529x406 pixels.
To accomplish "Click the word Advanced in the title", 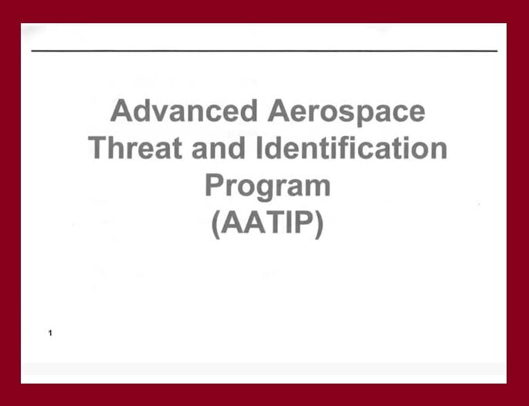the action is (185, 111).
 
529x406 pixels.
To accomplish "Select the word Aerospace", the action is (346, 113).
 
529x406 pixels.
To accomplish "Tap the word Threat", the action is (135, 147).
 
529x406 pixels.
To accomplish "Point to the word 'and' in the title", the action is (219, 147).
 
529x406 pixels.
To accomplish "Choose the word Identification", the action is (351, 147).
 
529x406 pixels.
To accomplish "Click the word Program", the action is (267, 186).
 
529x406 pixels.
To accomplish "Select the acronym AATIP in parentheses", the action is (267, 222).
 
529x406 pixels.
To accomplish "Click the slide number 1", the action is (50, 333).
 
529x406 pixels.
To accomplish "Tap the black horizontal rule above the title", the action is (264, 51).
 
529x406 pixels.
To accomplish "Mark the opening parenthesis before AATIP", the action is (216, 224).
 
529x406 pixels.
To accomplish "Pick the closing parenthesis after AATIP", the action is (319, 224).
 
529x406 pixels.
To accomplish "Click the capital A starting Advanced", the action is (121, 111).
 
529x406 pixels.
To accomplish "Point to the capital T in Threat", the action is (99, 148).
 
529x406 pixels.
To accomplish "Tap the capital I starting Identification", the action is (259, 148).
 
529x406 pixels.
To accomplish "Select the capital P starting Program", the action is (215, 184).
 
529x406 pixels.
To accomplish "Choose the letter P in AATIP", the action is (305, 222).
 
